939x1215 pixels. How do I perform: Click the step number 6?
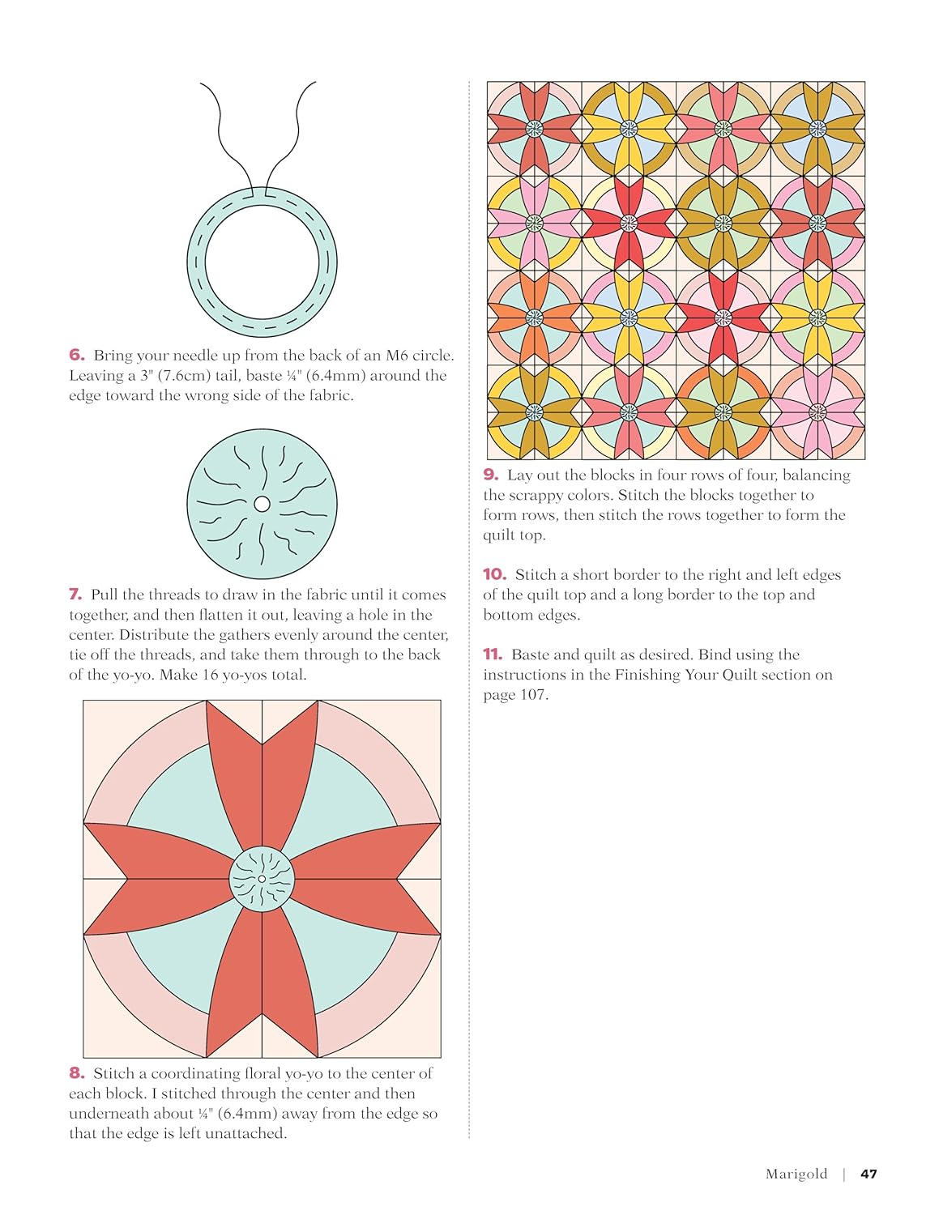(x=76, y=355)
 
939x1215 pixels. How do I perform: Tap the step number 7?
(x=75, y=595)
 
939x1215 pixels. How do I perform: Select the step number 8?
(x=76, y=1073)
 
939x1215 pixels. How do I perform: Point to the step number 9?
(x=490, y=475)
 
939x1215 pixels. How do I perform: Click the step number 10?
(x=494, y=574)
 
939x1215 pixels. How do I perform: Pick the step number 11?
(x=493, y=654)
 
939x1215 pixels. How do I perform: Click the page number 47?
(x=869, y=1174)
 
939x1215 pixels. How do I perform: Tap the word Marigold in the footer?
(x=796, y=1174)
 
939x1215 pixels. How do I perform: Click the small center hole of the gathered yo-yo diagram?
(x=262, y=504)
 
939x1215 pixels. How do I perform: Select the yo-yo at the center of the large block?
(x=262, y=879)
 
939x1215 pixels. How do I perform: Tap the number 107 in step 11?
(x=531, y=695)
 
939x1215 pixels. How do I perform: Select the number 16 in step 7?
(x=210, y=675)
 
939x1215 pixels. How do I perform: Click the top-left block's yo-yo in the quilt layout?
(x=534, y=129)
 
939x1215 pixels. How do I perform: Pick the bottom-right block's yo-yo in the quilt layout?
(x=817, y=412)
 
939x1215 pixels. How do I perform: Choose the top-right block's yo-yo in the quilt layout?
(x=817, y=129)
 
